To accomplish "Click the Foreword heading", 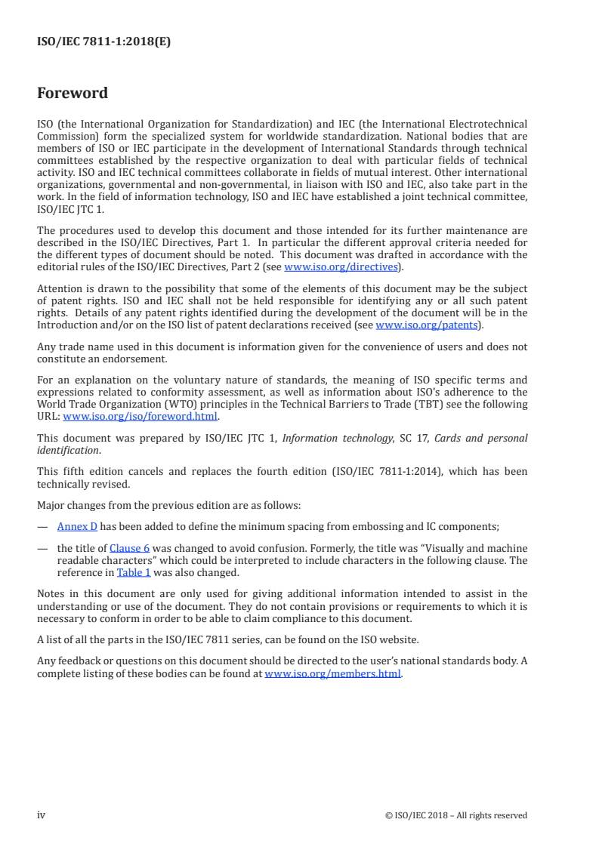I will click(73, 94).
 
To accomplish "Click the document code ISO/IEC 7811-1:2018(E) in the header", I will click(103, 42).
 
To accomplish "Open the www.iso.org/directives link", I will click(340, 266).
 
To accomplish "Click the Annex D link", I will click(78, 527).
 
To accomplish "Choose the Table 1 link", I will click(133, 571).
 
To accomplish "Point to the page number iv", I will click(42, 815).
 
